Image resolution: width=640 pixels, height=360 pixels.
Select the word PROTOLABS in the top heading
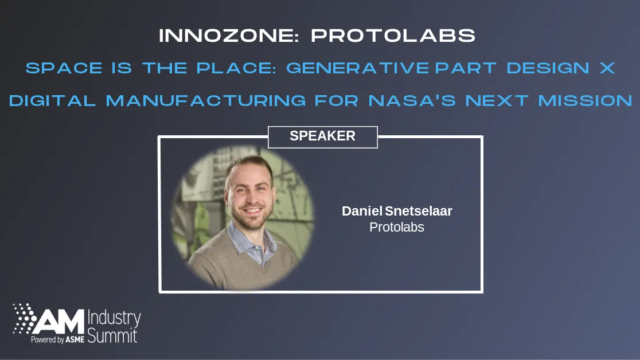(393, 36)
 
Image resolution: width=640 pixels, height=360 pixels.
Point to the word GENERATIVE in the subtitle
(357, 68)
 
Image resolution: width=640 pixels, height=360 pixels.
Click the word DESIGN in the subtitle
(548, 68)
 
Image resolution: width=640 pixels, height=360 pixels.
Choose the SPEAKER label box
(322, 136)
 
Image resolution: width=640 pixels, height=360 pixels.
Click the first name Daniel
(362, 211)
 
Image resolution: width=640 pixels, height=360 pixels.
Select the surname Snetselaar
(419, 211)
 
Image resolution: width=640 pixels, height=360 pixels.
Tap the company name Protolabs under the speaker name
(396, 227)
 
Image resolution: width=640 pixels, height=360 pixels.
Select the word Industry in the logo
(115, 319)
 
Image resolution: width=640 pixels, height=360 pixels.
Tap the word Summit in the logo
(112, 335)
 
